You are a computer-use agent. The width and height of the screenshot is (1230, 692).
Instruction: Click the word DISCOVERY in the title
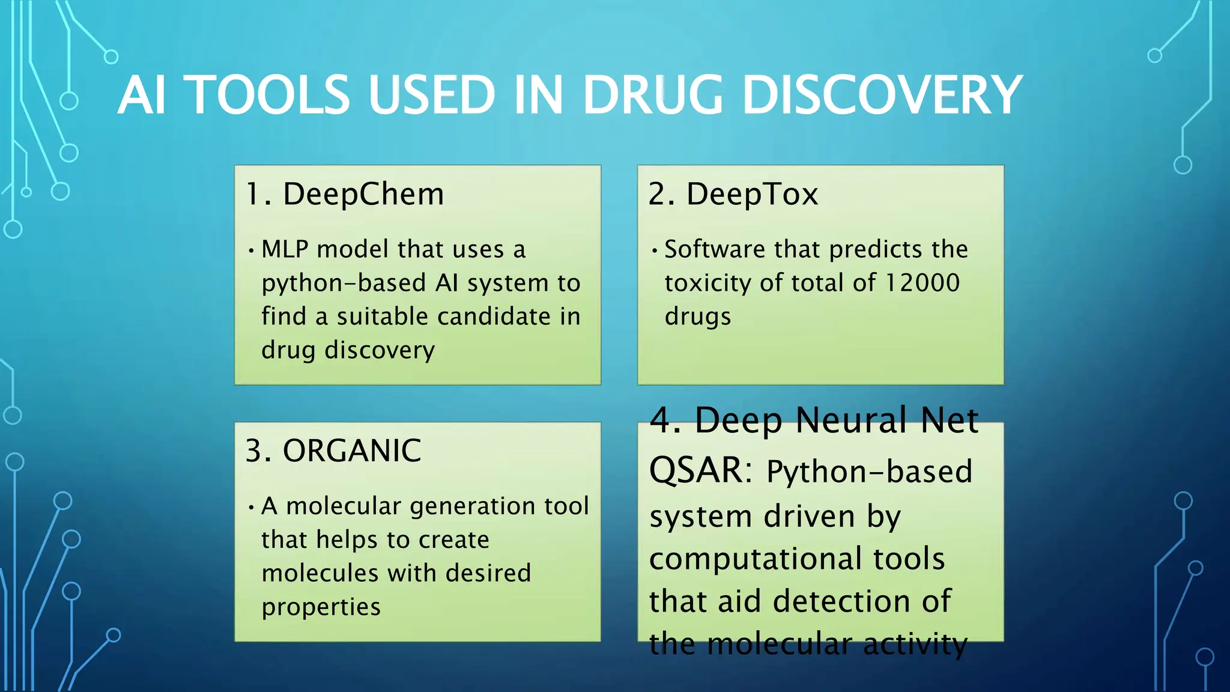point(882,95)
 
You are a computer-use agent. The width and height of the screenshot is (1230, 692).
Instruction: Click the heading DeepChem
point(363,194)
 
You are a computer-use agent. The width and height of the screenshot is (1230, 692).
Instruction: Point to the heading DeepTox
point(752,194)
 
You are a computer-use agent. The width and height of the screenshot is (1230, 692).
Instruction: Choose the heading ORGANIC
point(352,451)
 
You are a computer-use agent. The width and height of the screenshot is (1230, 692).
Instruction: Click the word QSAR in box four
point(697,470)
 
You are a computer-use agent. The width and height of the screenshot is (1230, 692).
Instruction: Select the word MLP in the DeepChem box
point(285,249)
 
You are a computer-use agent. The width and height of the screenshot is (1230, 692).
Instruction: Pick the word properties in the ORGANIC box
point(321,607)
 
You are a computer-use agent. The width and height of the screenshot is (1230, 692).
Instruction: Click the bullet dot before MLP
point(251,250)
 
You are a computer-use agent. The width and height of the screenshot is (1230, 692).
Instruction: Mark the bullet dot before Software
point(654,250)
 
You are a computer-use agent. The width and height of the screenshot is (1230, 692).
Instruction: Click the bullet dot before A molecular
point(251,507)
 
